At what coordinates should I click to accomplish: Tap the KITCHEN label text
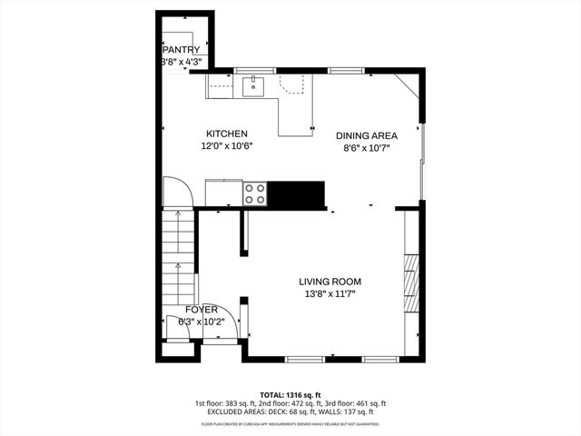(226, 134)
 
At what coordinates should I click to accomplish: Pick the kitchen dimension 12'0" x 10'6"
(226, 145)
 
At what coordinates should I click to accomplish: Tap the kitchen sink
(252, 86)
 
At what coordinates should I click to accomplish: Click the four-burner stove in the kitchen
(255, 193)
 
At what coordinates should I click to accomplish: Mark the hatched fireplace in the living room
(411, 282)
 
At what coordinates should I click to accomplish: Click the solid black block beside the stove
(298, 193)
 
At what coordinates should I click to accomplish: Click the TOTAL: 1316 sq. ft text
(290, 393)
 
